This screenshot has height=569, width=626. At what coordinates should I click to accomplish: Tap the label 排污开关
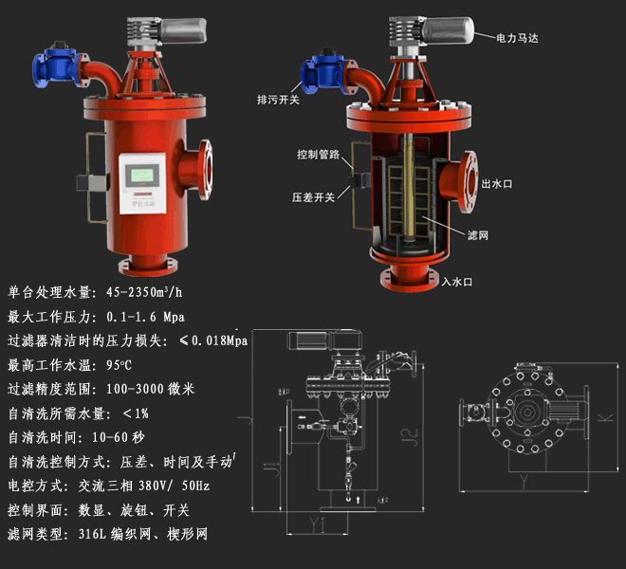[278, 98]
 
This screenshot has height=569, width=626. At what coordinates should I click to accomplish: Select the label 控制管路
[315, 154]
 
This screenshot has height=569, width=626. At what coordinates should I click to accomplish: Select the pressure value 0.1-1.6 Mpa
[146, 316]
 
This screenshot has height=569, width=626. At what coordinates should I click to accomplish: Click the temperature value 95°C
[119, 365]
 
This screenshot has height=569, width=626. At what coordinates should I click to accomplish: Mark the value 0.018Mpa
[219, 340]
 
